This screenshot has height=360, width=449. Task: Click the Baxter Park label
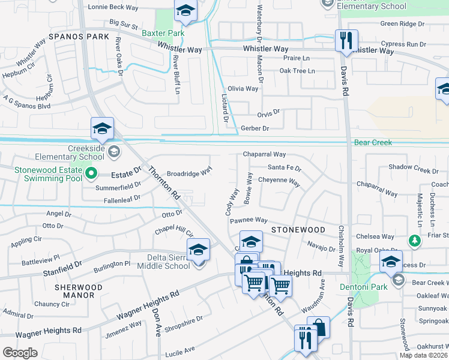[163, 33]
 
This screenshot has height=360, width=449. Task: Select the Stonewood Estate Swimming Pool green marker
[91, 174]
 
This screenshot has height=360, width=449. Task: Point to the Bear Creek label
[373, 143]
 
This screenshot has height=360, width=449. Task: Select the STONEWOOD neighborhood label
[298, 230]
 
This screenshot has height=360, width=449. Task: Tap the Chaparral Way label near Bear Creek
[264, 155]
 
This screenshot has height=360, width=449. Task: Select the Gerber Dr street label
[254, 128]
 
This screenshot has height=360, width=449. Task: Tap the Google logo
[20, 353]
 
